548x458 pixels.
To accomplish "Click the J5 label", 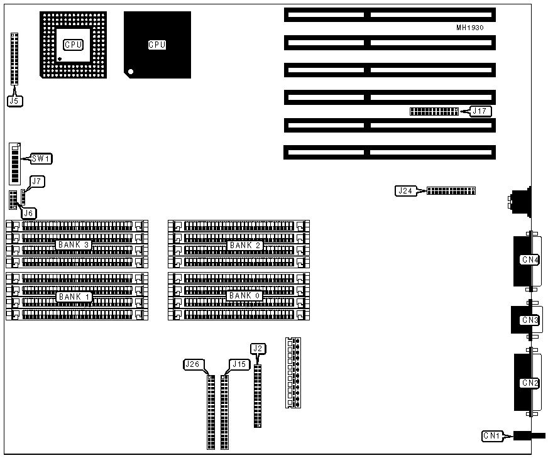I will [x=14, y=99].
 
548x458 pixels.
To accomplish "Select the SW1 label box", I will [x=41, y=159].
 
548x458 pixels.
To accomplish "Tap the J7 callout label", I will [x=38, y=182].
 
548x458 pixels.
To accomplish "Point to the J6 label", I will [x=30, y=214].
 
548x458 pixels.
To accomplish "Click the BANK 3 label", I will [x=74, y=244].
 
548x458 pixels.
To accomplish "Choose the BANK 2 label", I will [x=244, y=245].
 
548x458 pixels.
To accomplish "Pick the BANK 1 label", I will [x=74, y=296].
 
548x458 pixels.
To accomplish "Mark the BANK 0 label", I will [x=244, y=296].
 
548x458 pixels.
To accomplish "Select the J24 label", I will [x=405, y=190].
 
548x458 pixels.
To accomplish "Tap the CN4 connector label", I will [x=530, y=259].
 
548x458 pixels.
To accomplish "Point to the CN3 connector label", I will [x=530, y=320].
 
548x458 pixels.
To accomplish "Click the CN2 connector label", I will [x=530, y=383].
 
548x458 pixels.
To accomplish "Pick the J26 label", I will [x=194, y=364].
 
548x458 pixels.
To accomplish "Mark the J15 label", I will [x=239, y=364].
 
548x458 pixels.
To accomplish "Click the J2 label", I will [x=258, y=348].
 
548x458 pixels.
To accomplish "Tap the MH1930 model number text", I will [x=470, y=28].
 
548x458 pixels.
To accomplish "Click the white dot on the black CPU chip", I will [x=131, y=72].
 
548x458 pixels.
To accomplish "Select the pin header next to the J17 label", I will [x=434, y=111].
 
